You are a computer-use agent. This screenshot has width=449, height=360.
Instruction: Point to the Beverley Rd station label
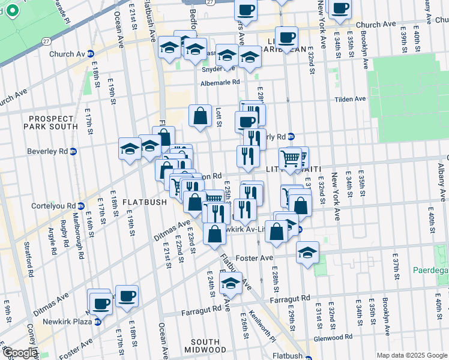(x=50, y=151)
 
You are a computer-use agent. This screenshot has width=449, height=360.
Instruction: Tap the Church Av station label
(x=68, y=53)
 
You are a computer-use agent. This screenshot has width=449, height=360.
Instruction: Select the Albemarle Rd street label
(x=220, y=82)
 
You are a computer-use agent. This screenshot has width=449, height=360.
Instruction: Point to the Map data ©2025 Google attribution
(x=412, y=355)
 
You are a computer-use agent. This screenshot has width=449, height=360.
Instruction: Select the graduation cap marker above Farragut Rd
(x=231, y=283)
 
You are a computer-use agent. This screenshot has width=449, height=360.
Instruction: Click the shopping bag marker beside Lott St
(x=200, y=116)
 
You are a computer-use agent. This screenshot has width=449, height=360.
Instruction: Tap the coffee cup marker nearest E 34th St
(x=340, y=8)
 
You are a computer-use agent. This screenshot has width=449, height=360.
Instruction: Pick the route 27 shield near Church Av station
(x=47, y=41)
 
